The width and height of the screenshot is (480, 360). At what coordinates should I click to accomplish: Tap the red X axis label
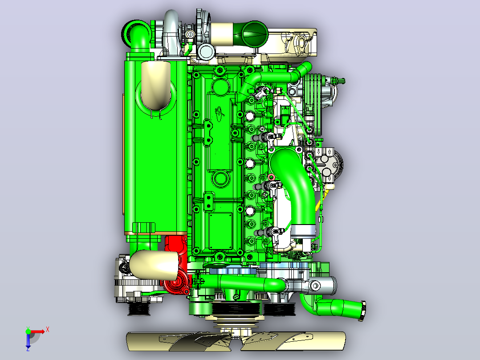pos(48,330)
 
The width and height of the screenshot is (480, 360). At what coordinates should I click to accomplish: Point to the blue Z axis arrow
pos(28,342)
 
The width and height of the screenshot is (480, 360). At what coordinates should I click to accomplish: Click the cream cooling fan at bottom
pos(236,340)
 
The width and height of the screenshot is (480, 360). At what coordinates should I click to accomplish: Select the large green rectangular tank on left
pos(155,147)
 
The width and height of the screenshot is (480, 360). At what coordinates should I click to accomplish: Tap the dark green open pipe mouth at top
pos(255,34)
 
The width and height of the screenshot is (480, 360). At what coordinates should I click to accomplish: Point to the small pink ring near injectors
pos(271,177)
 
